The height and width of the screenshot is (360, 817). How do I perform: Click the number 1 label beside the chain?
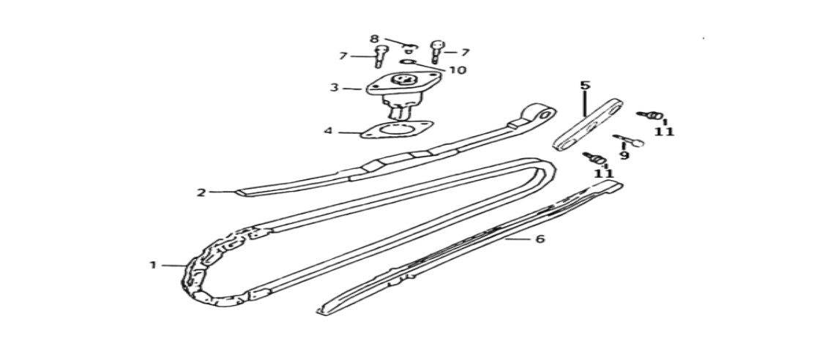tap(153, 265)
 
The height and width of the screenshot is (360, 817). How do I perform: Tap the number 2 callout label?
tap(201, 192)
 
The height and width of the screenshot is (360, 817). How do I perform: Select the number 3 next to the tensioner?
tap(334, 88)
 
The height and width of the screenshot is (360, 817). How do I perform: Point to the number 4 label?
tap(328, 131)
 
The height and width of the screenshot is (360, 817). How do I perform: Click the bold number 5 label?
tap(584, 85)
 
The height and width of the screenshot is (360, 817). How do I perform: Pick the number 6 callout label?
tap(540, 239)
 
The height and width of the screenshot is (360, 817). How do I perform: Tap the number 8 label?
tap(374, 39)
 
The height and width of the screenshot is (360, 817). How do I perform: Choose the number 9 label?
tap(624, 154)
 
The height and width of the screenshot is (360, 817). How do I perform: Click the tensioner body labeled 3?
tap(395, 93)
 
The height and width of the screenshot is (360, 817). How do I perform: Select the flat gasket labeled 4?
tap(396, 130)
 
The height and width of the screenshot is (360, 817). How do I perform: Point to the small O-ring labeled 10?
tap(409, 62)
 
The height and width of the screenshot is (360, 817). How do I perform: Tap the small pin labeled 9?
tap(629, 140)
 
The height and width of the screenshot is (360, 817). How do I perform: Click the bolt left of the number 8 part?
tap(378, 56)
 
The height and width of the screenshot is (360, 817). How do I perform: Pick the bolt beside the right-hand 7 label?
tap(436, 51)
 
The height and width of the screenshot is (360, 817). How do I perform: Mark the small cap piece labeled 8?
tap(410, 49)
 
